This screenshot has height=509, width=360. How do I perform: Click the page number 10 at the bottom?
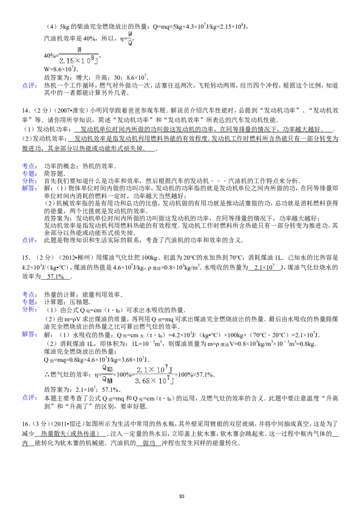(x=181, y=496)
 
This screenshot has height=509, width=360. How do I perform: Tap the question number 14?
(x=26, y=110)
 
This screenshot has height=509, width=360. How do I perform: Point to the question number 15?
(x=26, y=258)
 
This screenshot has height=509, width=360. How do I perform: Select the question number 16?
(x=26, y=424)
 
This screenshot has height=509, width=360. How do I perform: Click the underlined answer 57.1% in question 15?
(x=55, y=277)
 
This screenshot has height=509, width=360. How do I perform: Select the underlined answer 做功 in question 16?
(x=149, y=443)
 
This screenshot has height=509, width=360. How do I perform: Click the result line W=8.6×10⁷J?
(x=61, y=69)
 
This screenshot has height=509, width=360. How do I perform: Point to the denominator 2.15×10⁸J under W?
(x=79, y=60)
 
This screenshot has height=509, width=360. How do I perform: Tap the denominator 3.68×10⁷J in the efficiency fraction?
(x=154, y=381)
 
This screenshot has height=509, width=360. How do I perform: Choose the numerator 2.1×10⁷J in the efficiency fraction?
(x=155, y=370)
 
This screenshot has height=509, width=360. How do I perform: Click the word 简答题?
(x=54, y=174)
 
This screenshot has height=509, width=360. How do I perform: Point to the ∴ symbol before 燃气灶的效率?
(x=47, y=375)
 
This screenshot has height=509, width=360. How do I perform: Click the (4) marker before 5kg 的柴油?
(x=51, y=27)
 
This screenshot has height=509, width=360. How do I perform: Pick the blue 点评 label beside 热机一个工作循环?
(x=29, y=86)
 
